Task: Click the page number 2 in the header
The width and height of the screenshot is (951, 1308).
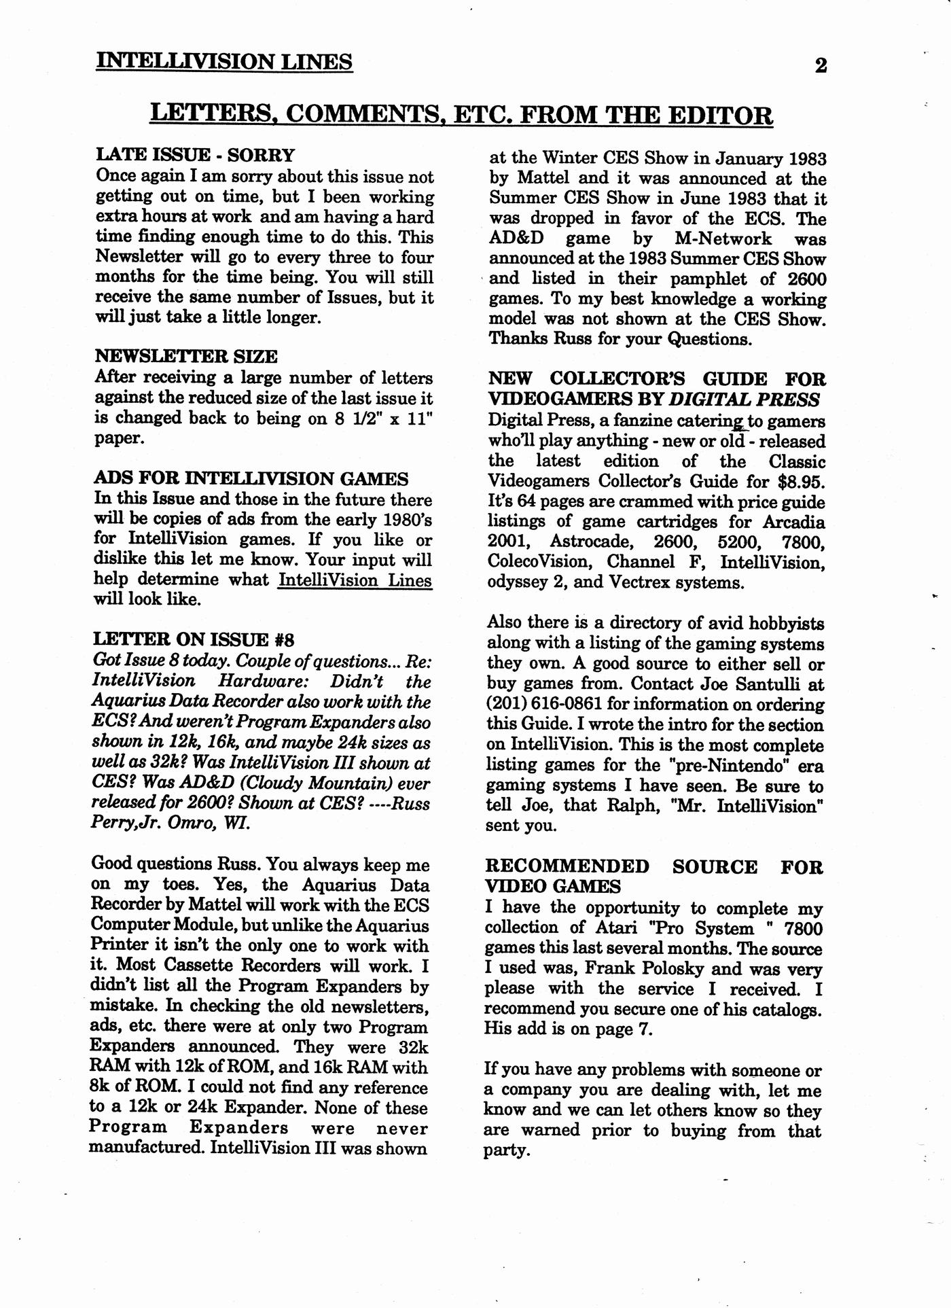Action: pyautogui.click(x=821, y=66)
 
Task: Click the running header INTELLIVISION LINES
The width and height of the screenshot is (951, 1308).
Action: pyautogui.click(x=224, y=62)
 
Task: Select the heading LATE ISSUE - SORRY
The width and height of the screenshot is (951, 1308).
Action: pyautogui.click(x=195, y=155)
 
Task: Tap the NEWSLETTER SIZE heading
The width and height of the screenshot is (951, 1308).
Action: pyautogui.click(x=185, y=356)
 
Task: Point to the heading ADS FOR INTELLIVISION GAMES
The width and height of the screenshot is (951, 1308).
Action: pyautogui.click(x=251, y=478)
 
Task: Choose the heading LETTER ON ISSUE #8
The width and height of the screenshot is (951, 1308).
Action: pyautogui.click(x=193, y=639)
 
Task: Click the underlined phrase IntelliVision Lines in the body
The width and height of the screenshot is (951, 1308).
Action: pyautogui.click(x=355, y=580)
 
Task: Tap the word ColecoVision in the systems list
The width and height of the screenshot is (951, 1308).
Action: pyautogui.click(x=539, y=563)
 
